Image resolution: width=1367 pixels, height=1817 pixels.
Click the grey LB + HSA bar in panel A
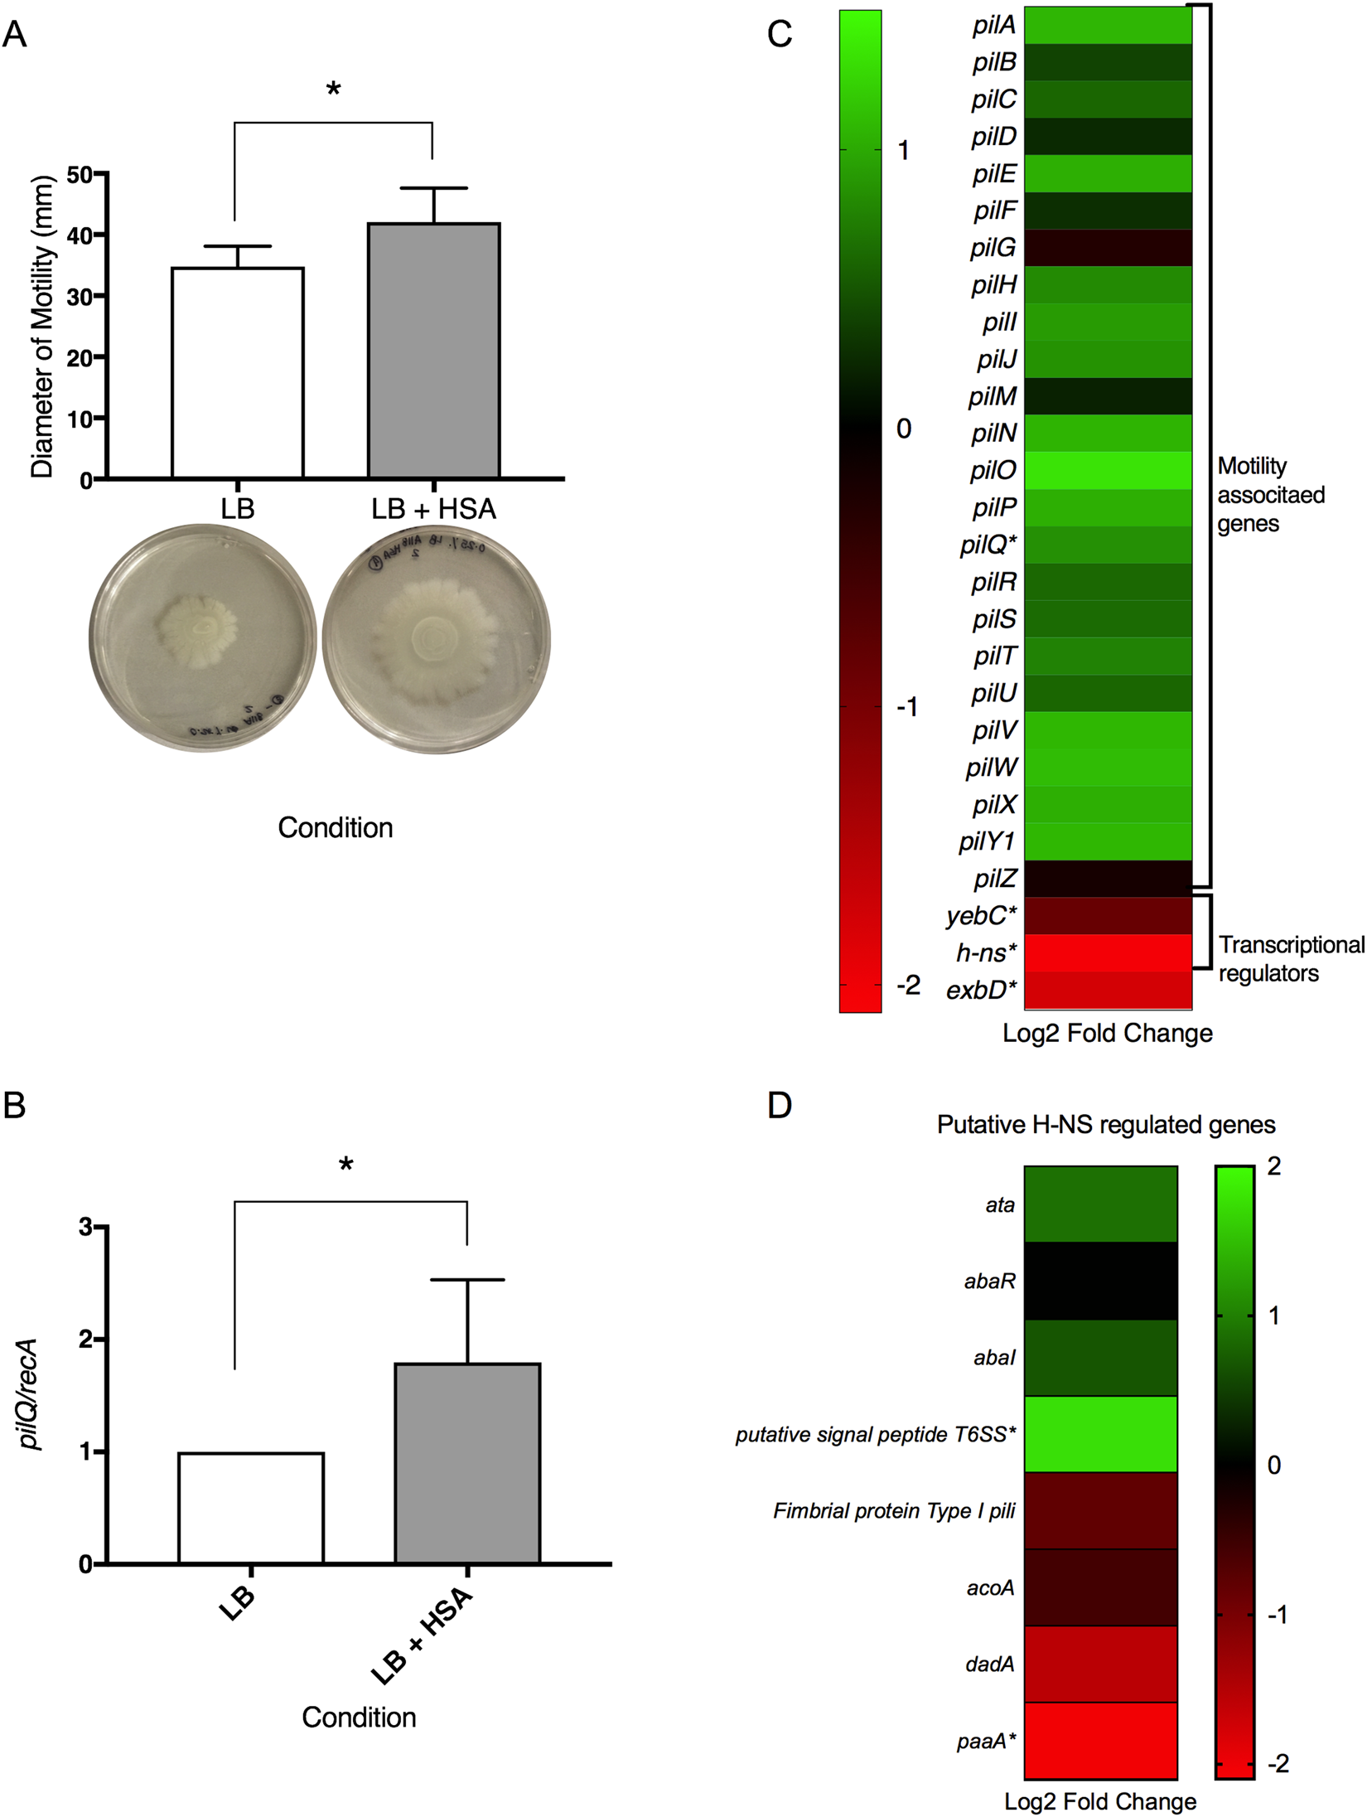coord(433,350)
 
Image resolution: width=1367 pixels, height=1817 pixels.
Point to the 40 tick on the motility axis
coord(80,235)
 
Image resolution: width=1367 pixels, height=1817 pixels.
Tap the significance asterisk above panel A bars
coord(333,90)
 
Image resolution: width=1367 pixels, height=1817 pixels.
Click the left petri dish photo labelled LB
coord(203,637)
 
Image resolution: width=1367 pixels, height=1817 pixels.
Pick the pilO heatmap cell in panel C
coord(1108,470)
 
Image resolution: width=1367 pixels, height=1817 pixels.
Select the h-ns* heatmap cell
coord(1108,952)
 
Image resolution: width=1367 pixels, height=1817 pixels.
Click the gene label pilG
coord(993,248)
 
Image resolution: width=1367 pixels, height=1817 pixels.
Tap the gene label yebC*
coord(981,916)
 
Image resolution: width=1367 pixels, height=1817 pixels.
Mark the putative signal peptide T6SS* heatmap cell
coord(1100,1434)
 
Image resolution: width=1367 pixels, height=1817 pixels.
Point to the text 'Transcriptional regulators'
coord(1291,958)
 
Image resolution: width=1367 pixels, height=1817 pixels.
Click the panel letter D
coord(780,1105)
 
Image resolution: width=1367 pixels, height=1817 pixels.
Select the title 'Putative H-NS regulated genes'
coord(1105,1125)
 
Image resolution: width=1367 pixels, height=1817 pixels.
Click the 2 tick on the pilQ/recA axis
coord(85,1340)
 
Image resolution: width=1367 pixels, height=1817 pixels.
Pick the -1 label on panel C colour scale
coord(907,707)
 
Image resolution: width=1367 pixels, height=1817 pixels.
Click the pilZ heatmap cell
coord(1108,879)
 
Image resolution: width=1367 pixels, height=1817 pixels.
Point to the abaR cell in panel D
coord(1100,1281)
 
